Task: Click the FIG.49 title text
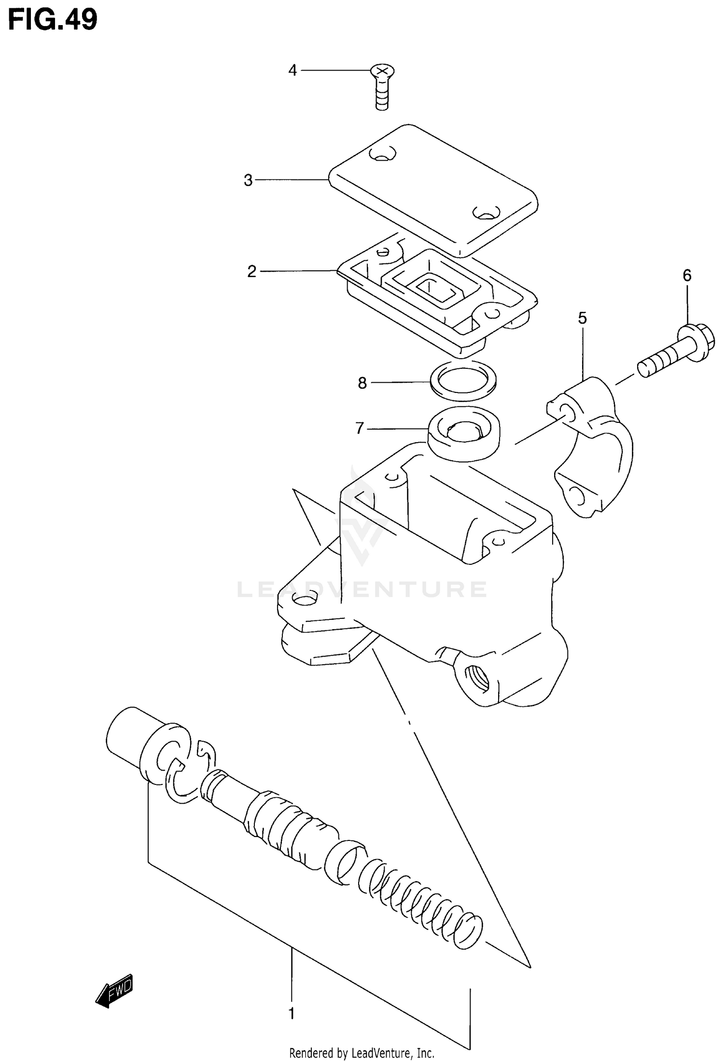click(53, 20)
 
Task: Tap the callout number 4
click(292, 70)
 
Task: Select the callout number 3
click(248, 181)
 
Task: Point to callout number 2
click(251, 272)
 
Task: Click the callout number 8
click(362, 383)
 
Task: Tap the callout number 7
click(359, 428)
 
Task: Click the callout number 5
click(582, 319)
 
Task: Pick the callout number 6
click(687, 276)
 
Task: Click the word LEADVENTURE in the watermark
click(362, 589)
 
